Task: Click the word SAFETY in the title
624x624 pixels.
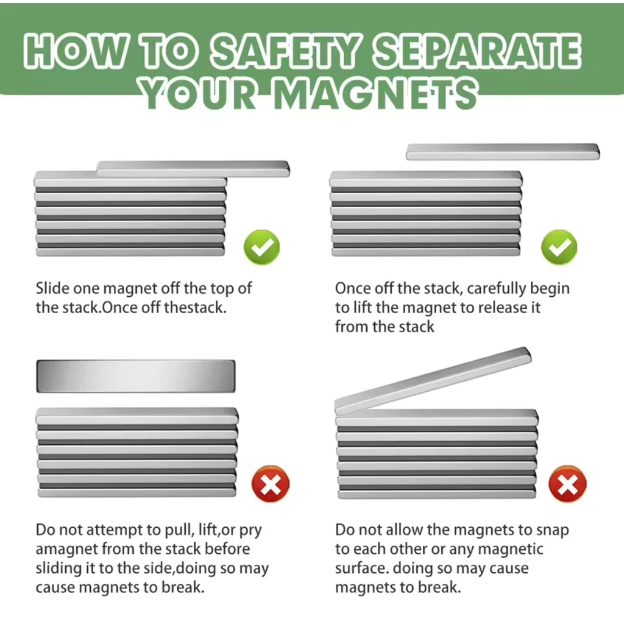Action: click(x=285, y=51)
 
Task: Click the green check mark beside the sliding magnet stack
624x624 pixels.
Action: click(x=261, y=247)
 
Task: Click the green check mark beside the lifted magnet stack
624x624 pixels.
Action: click(x=559, y=247)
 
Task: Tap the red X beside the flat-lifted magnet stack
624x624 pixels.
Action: click(x=270, y=483)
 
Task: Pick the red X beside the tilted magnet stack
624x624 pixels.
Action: click(x=567, y=483)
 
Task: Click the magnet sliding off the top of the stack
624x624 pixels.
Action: click(x=193, y=169)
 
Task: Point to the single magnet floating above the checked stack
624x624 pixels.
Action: click(x=503, y=152)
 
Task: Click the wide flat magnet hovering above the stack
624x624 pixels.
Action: click(x=136, y=376)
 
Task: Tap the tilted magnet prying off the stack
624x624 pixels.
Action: click(x=433, y=380)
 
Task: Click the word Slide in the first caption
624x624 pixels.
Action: click(x=52, y=288)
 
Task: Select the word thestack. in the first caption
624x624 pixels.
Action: click(x=195, y=307)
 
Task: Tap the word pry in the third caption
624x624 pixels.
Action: click(x=250, y=531)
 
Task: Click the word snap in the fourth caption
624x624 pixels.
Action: click(x=552, y=531)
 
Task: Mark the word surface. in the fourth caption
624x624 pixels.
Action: click(x=362, y=569)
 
